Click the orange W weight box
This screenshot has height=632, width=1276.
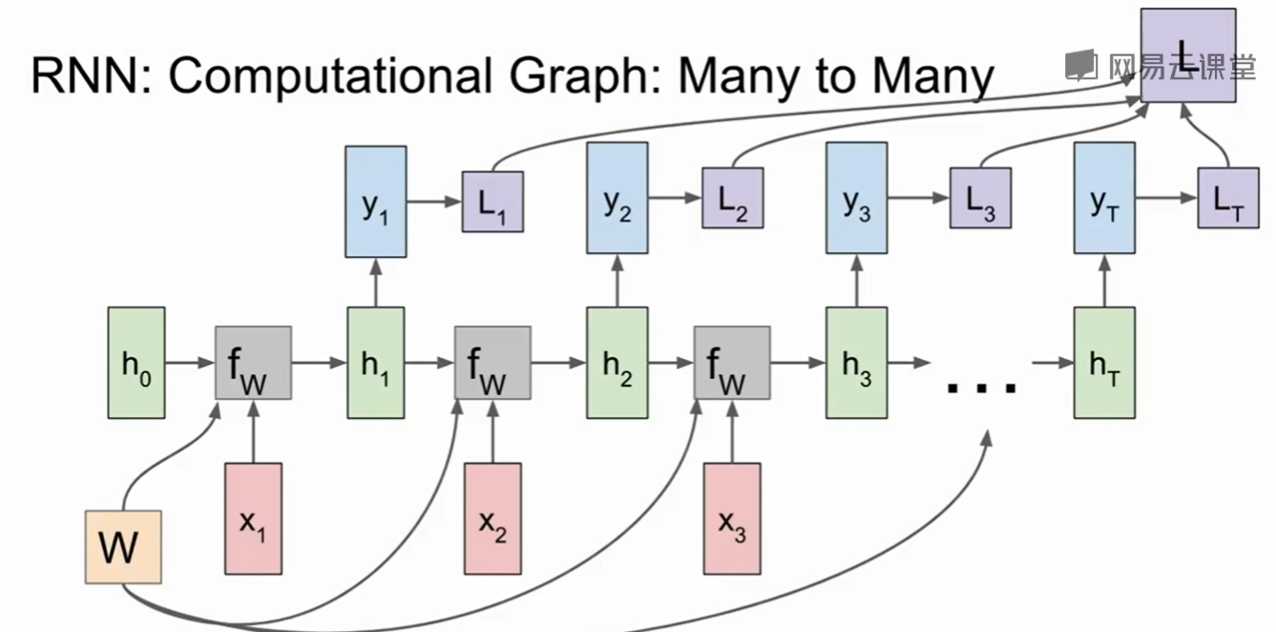123,547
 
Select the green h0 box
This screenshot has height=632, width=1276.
136,362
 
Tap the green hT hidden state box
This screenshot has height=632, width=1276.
1104,362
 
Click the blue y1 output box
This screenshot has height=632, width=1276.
376,200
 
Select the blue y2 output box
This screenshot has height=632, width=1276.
617,200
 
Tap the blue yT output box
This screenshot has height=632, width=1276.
1104,200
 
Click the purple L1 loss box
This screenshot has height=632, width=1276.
492,201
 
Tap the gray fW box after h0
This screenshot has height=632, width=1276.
253,362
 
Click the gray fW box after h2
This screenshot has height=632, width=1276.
732,362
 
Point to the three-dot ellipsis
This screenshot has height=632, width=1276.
981,385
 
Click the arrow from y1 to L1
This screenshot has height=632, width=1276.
434,201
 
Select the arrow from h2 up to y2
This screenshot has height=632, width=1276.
617,281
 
